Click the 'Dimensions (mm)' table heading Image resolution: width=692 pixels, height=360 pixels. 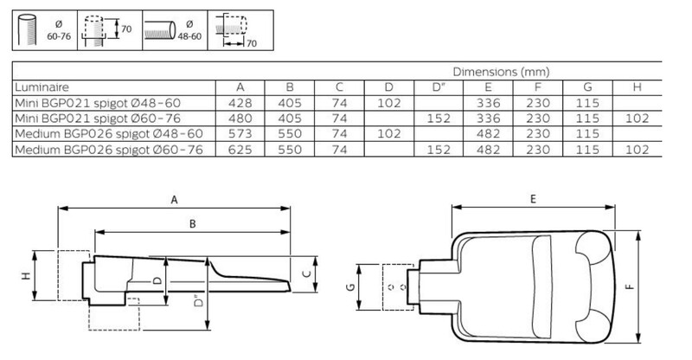coord(501,72)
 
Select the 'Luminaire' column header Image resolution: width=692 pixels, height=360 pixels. coord(42,87)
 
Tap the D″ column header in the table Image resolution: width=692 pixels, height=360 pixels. coord(439,87)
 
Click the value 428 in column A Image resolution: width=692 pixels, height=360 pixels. coord(240,103)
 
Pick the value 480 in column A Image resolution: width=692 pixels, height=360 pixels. coord(240,119)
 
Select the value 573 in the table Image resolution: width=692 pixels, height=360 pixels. coord(240,134)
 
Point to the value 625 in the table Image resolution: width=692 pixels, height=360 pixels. coord(240,150)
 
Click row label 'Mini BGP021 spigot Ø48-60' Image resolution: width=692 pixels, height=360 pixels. coord(98,103)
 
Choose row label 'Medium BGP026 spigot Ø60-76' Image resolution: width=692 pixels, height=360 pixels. coord(109,150)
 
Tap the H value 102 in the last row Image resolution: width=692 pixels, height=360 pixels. coord(637,150)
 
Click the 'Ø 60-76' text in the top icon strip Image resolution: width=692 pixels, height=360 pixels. coord(59,30)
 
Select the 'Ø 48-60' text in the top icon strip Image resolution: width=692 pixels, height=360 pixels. coord(189,30)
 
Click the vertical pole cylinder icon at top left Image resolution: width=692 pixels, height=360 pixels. coord(28,29)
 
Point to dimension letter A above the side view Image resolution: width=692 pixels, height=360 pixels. coord(175,200)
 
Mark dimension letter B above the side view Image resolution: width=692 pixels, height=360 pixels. coord(192,224)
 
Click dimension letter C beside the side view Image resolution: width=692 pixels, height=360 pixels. coord(308,274)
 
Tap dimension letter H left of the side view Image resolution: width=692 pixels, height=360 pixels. coord(26,276)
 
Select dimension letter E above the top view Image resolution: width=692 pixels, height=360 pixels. coord(533,199)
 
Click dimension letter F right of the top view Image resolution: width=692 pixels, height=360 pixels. coord(631,286)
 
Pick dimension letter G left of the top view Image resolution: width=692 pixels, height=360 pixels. coord(350,287)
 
